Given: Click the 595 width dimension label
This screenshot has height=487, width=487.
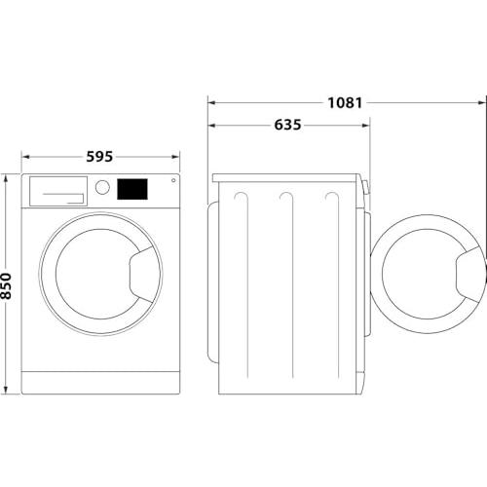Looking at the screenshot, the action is (99, 157).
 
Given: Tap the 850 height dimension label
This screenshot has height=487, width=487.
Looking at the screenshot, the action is (6, 285).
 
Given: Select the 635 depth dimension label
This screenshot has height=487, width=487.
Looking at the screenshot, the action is (287, 125).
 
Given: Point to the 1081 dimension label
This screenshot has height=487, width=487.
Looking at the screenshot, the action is (345, 103).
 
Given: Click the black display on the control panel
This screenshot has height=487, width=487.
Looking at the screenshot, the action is (132, 189).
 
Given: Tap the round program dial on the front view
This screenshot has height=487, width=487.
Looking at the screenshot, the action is (102, 187).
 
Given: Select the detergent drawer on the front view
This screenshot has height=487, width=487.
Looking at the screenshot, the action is (58, 191).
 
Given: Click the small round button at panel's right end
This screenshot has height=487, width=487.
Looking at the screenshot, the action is (173, 180).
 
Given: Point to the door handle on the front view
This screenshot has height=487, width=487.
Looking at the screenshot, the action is (141, 275).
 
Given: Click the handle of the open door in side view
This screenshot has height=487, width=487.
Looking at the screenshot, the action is (468, 275).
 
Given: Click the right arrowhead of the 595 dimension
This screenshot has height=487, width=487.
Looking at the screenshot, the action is (175, 157).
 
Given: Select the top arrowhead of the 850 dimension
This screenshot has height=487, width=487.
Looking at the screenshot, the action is (5, 178).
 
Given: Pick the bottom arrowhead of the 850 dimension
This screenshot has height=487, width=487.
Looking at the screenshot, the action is (5, 390).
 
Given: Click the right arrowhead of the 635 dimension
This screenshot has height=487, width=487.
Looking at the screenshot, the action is (365, 126).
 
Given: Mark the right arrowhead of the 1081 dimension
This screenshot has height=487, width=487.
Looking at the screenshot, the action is (482, 103).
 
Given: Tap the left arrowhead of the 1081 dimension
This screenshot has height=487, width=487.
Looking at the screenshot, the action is (212, 103).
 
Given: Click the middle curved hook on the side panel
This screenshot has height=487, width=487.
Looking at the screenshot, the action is (286, 197).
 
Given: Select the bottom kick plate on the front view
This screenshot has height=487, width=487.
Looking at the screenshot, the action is (100, 383).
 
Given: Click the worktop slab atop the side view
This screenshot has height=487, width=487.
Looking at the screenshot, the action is (285, 178).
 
